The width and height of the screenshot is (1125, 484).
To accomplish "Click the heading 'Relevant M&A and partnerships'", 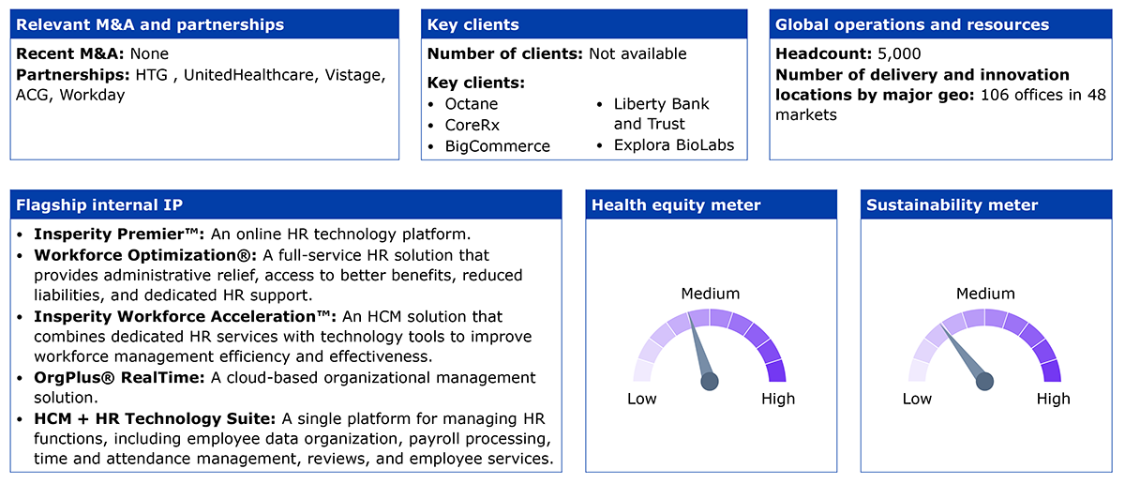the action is (x=150, y=24).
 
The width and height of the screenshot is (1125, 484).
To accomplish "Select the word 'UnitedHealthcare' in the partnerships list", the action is (x=250, y=75).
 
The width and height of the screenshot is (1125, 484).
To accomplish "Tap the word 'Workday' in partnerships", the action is (x=93, y=95).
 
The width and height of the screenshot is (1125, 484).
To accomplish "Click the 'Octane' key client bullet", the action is (x=471, y=104).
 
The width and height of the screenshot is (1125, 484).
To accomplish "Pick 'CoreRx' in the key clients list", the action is (x=472, y=125).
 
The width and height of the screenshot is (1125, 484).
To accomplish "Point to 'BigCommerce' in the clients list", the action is (x=497, y=146).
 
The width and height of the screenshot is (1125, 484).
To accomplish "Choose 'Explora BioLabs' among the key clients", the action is (x=673, y=145).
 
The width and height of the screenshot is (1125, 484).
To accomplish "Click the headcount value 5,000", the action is (x=899, y=53).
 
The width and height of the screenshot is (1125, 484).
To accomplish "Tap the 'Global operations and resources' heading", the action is (x=912, y=24).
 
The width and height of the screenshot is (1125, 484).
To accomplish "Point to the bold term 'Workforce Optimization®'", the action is (x=145, y=255).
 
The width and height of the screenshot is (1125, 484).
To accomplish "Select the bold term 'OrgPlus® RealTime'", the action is (x=119, y=377).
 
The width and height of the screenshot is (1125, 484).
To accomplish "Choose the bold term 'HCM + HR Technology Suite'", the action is (x=155, y=418).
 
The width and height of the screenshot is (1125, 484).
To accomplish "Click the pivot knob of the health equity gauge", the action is (x=710, y=382).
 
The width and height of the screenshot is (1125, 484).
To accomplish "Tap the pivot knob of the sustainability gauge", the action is (x=985, y=382).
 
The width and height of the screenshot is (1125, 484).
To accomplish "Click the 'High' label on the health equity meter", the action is (x=778, y=399).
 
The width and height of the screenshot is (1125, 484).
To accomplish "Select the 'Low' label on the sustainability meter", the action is (x=917, y=399).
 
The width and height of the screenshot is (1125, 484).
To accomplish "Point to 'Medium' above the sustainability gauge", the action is (x=985, y=294).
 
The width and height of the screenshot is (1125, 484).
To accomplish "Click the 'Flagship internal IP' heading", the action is (x=99, y=205).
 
